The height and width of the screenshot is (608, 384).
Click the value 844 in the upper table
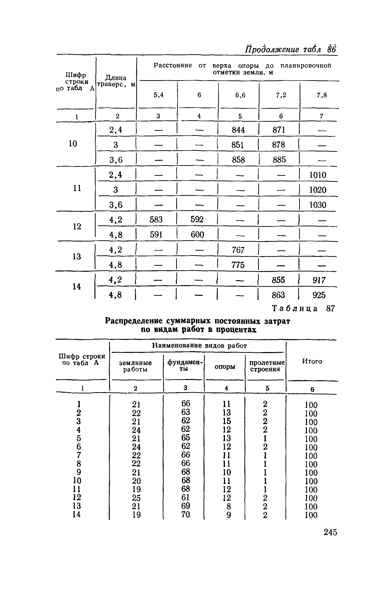coord(238,130)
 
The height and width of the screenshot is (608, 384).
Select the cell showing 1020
coord(318,190)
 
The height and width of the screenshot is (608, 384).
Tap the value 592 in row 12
coord(197,219)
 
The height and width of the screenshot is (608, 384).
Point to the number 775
coord(238,265)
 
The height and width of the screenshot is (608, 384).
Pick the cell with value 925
coord(319,295)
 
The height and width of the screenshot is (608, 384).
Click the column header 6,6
coord(240,95)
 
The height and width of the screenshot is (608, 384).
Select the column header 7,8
coord(322,95)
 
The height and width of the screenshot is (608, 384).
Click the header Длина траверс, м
coord(116,81)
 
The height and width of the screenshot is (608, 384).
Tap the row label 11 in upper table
coord(77,188)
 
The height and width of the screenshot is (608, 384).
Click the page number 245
coord(330,532)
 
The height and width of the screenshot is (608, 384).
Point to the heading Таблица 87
coord(303,308)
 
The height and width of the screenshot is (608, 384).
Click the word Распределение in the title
coord(134,321)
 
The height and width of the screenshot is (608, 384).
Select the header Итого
coord(312,361)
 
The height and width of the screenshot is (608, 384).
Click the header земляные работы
coord(135,366)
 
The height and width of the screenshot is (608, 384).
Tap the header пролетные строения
coord(266,366)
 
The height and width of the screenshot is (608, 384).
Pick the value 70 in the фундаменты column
coord(186,515)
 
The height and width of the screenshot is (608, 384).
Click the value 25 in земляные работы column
coord(136,498)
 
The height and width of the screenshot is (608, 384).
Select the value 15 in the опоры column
coord(227,421)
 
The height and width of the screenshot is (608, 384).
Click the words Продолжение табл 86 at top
coord(291,49)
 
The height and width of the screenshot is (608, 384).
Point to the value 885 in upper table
coord(279,160)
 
